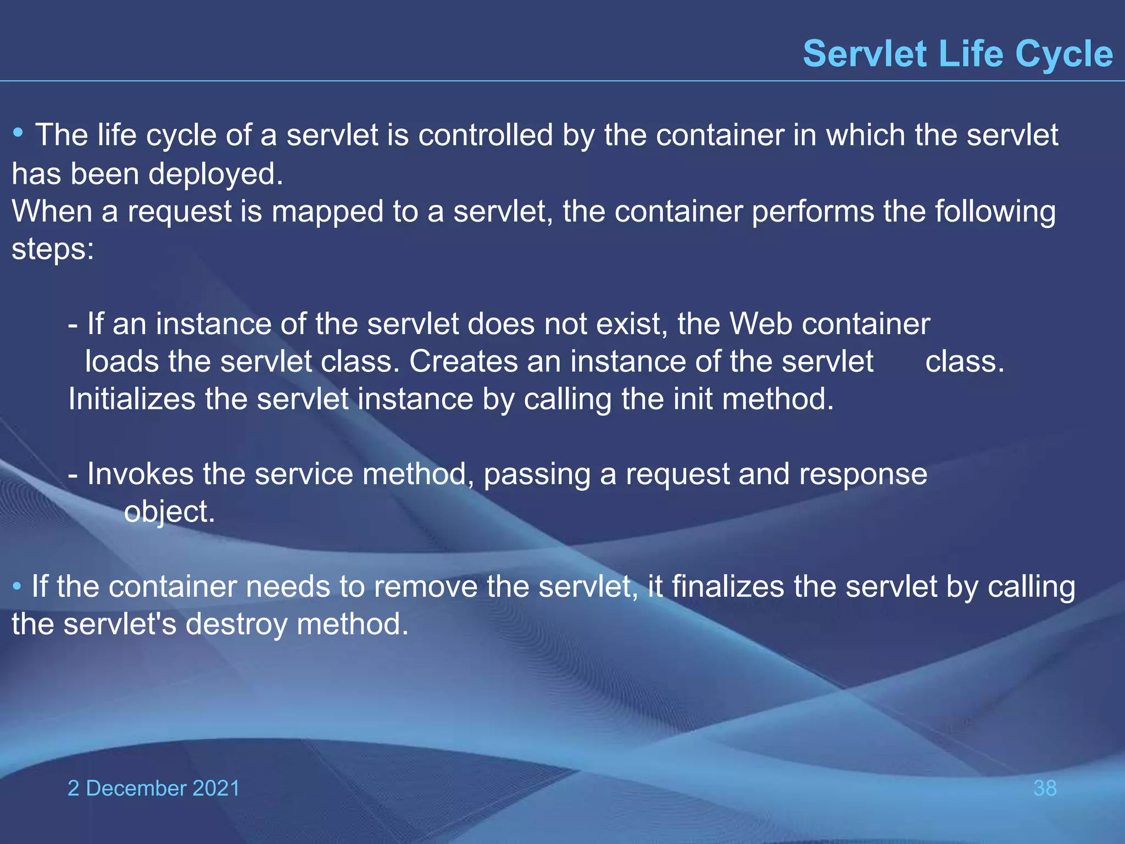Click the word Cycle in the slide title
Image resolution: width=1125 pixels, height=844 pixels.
pyautogui.click(x=1063, y=54)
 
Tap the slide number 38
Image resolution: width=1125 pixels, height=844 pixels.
pyautogui.click(x=1045, y=788)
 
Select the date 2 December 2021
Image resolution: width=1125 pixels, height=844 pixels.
pyautogui.click(x=154, y=788)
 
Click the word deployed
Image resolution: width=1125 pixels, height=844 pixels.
pyautogui.click(x=215, y=175)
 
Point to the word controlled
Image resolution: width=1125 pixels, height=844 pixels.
pyautogui.click(x=485, y=135)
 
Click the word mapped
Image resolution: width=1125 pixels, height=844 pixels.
pyautogui.click(x=327, y=212)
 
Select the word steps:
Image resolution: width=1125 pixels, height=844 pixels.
pyautogui.click(x=53, y=249)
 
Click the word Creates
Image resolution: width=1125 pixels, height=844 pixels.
pyautogui.click(x=463, y=362)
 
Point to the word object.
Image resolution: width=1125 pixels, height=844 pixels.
pyautogui.click(x=169, y=512)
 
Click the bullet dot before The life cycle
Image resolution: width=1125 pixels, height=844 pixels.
pyautogui.click(x=19, y=133)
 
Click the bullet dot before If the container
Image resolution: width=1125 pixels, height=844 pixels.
pyautogui.click(x=17, y=586)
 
